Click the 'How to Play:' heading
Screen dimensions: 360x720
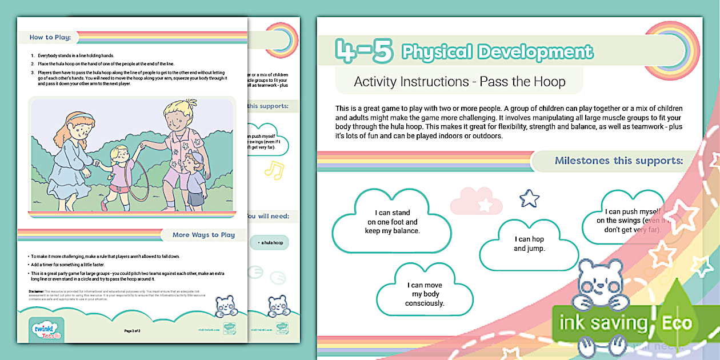tap(50, 38)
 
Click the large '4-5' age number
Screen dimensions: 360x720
tap(365, 51)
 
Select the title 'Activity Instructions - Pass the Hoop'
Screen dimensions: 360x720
tap(459, 81)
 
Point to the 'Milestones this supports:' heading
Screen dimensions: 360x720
tap(618, 161)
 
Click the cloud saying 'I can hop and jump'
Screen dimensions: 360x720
tap(529, 244)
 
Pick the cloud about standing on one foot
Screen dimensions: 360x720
tap(393, 222)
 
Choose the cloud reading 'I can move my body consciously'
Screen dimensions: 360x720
tap(425, 294)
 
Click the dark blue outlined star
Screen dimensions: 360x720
tap(529, 198)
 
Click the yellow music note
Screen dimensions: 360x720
tap(274, 170)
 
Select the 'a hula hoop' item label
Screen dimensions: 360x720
tap(270, 243)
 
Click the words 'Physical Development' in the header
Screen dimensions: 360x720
tap(497, 52)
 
